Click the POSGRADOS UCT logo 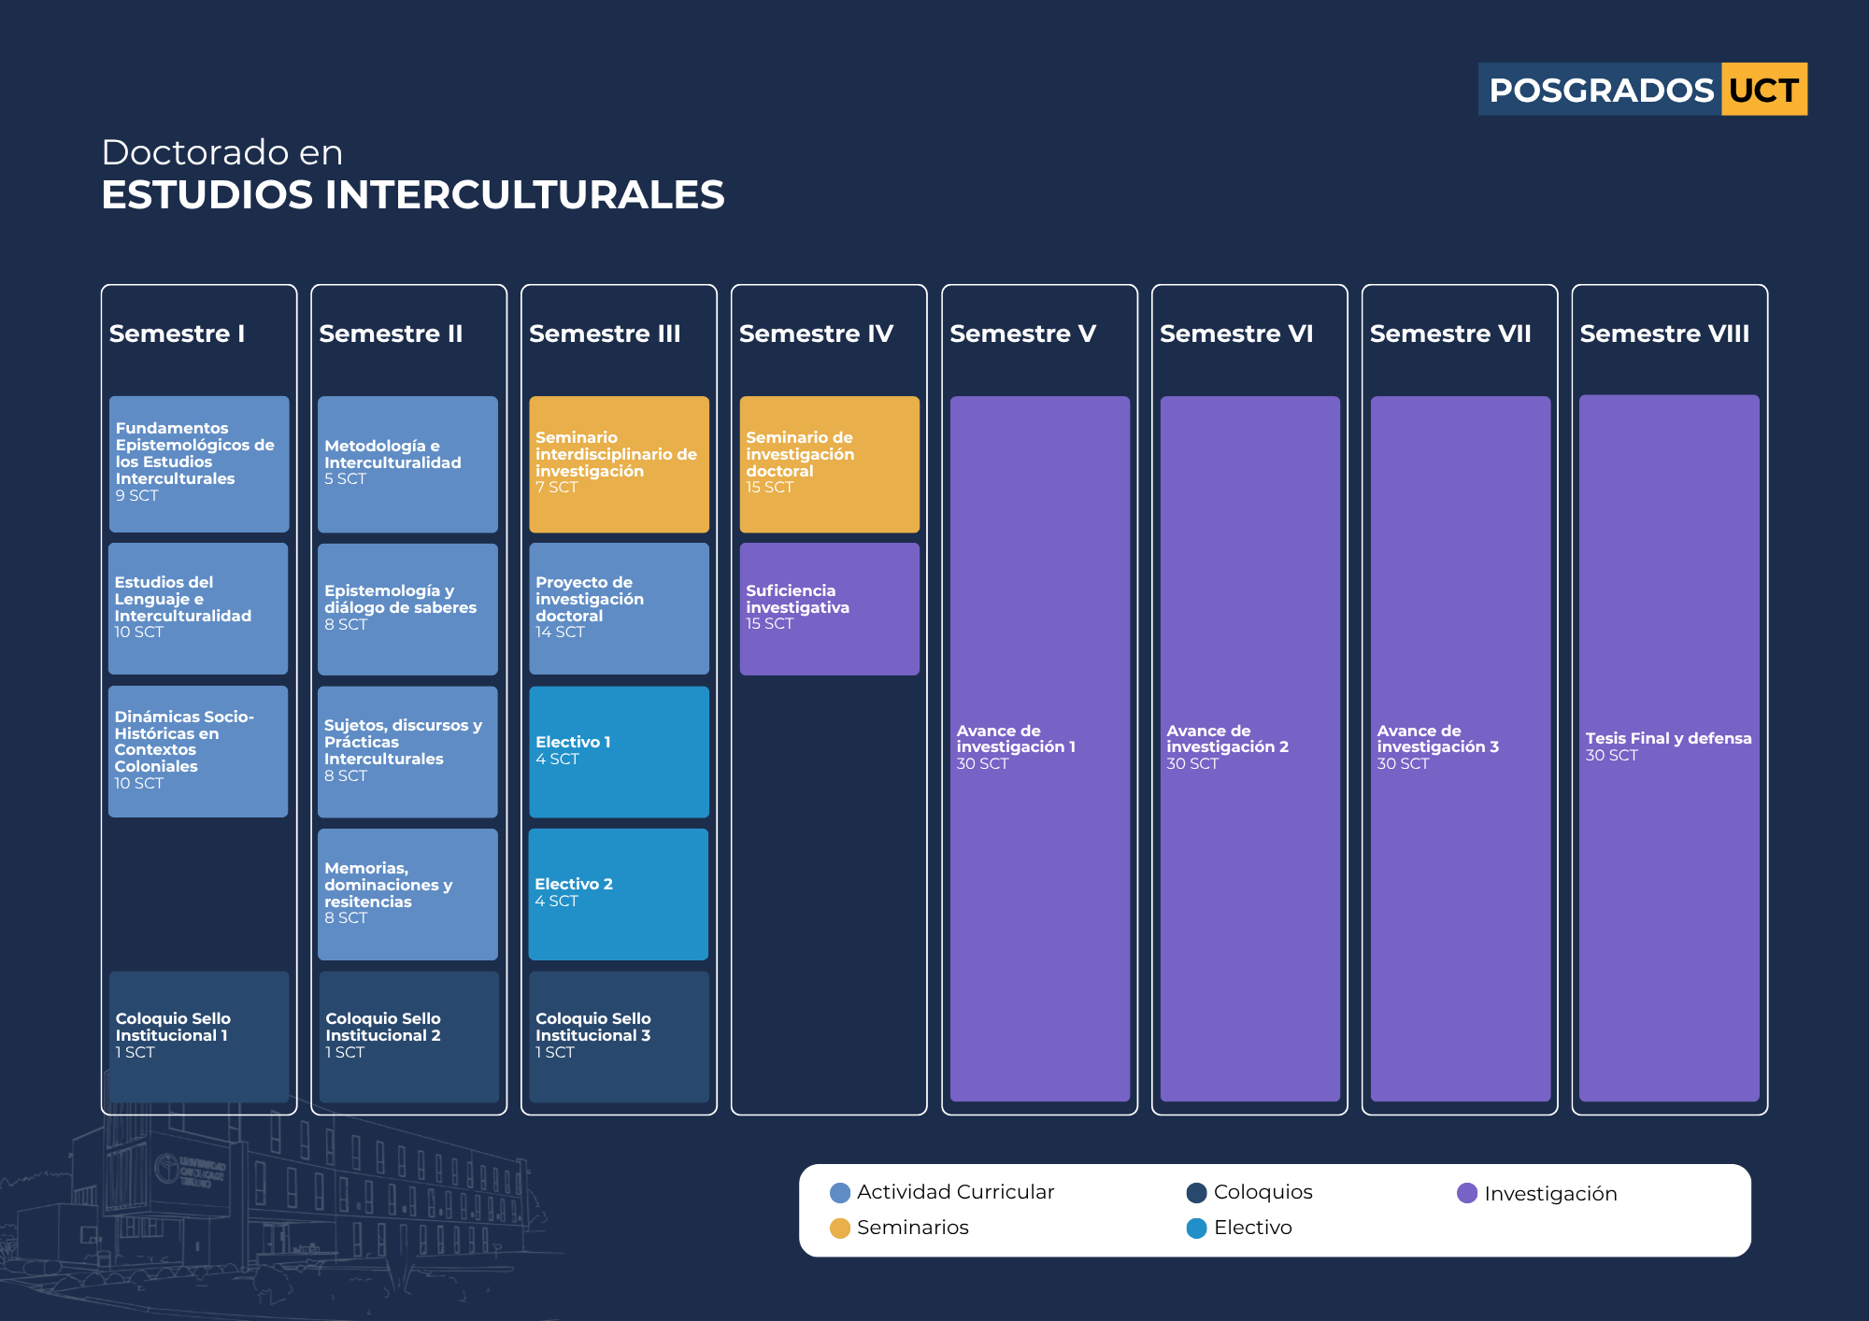(x=1642, y=90)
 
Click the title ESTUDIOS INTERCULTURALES (x=413, y=195)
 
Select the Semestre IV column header (x=816, y=334)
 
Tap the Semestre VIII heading (x=1664, y=334)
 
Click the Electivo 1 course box (x=619, y=752)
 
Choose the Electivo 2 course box (x=619, y=894)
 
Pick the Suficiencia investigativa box (x=830, y=609)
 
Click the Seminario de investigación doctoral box (x=830, y=464)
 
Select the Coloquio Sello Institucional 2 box (x=409, y=1037)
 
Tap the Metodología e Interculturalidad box (x=407, y=464)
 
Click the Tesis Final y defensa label (x=1668, y=738)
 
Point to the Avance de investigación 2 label (x=1227, y=738)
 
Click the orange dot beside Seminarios (x=840, y=1228)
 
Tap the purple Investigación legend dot (x=1467, y=1193)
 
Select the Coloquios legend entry (x=1249, y=1192)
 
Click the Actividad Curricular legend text (x=955, y=1192)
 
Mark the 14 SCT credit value (x=560, y=632)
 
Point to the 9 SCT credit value (x=136, y=495)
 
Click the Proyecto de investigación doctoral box (x=619, y=609)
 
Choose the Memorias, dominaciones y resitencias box (x=407, y=894)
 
